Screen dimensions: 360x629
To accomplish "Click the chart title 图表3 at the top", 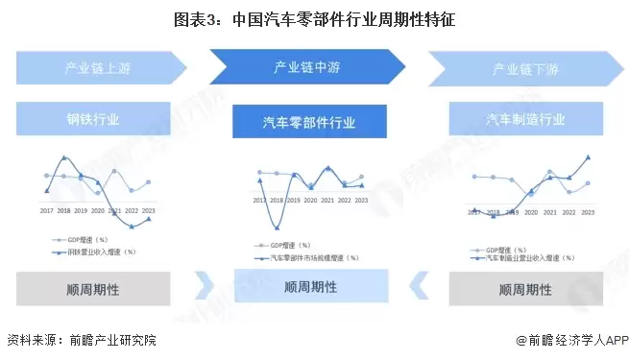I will (x=314, y=17).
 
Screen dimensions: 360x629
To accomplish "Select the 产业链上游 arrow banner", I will (x=101, y=68).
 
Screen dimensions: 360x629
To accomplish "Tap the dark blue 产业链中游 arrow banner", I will (x=306, y=67).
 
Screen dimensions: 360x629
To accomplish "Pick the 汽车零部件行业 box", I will (x=308, y=123).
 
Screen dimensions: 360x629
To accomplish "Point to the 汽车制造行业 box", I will (x=525, y=120).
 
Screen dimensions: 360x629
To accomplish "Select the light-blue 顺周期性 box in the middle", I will (x=310, y=286).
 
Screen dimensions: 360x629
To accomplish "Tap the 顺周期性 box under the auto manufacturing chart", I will (x=525, y=289).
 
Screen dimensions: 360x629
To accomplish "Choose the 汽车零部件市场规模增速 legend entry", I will (x=312, y=257).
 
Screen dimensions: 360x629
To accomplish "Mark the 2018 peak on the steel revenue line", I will (x=64, y=156).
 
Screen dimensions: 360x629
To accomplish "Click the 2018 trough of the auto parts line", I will (x=277, y=227).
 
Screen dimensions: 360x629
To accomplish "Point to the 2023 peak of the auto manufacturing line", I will (x=588, y=157).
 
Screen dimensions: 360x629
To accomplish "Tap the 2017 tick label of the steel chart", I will (x=46, y=210).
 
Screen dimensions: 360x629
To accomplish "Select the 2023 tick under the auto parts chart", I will (x=361, y=201).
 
